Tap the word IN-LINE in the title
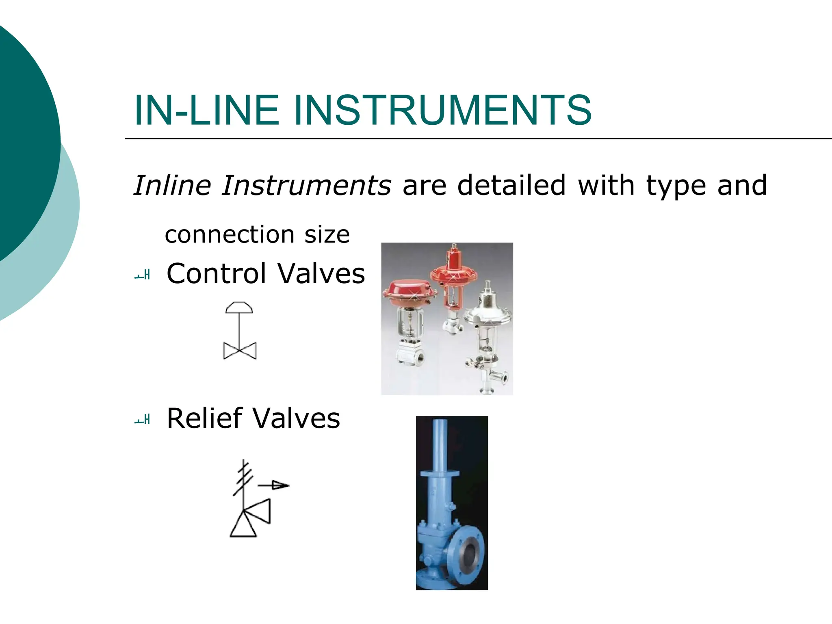pyautogui.click(x=207, y=110)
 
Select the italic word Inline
pyautogui.click(x=172, y=185)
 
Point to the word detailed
pyautogui.click(x=511, y=185)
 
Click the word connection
pyautogui.click(x=230, y=235)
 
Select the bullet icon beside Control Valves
pyautogui.click(x=143, y=275)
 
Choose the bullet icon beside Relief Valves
pyautogui.click(x=143, y=420)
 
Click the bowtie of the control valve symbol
pyautogui.click(x=240, y=351)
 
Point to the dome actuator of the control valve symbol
pyautogui.click(x=239, y=308)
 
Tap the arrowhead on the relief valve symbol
pyautogui.click(x=280, y=485)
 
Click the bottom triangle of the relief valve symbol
pyautogui.click(x=243, y=525)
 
